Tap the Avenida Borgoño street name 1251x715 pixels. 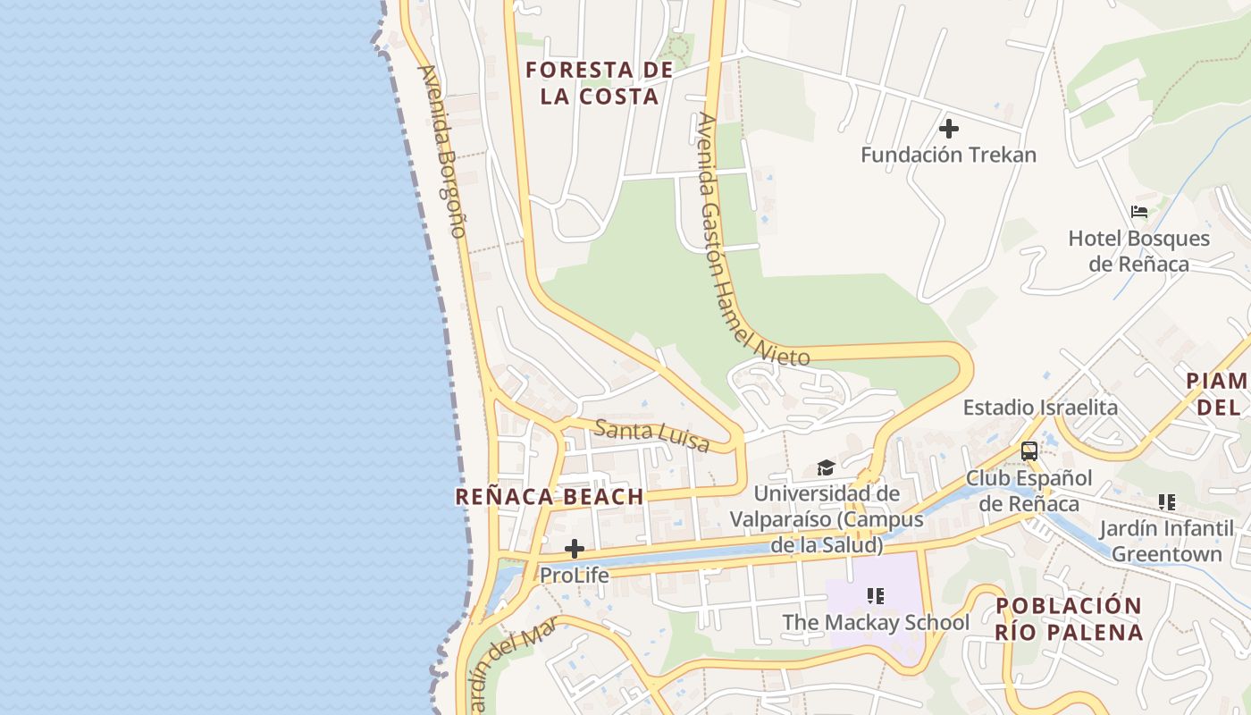442,151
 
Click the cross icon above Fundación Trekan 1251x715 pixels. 949,129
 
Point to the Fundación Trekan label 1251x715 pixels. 948,155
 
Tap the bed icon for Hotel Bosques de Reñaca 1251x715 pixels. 1139,212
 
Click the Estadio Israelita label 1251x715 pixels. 1040,408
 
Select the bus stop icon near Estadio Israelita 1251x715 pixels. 1029,450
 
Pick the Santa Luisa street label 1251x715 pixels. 651,435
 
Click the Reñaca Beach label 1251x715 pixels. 550,497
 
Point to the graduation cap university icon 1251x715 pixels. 826,467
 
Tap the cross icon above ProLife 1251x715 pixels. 575,548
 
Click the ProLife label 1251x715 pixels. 575,576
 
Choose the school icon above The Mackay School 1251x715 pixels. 876,595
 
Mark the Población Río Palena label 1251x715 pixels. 1069,618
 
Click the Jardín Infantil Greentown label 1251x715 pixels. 1166,541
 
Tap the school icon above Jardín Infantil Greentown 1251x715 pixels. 1166,502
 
